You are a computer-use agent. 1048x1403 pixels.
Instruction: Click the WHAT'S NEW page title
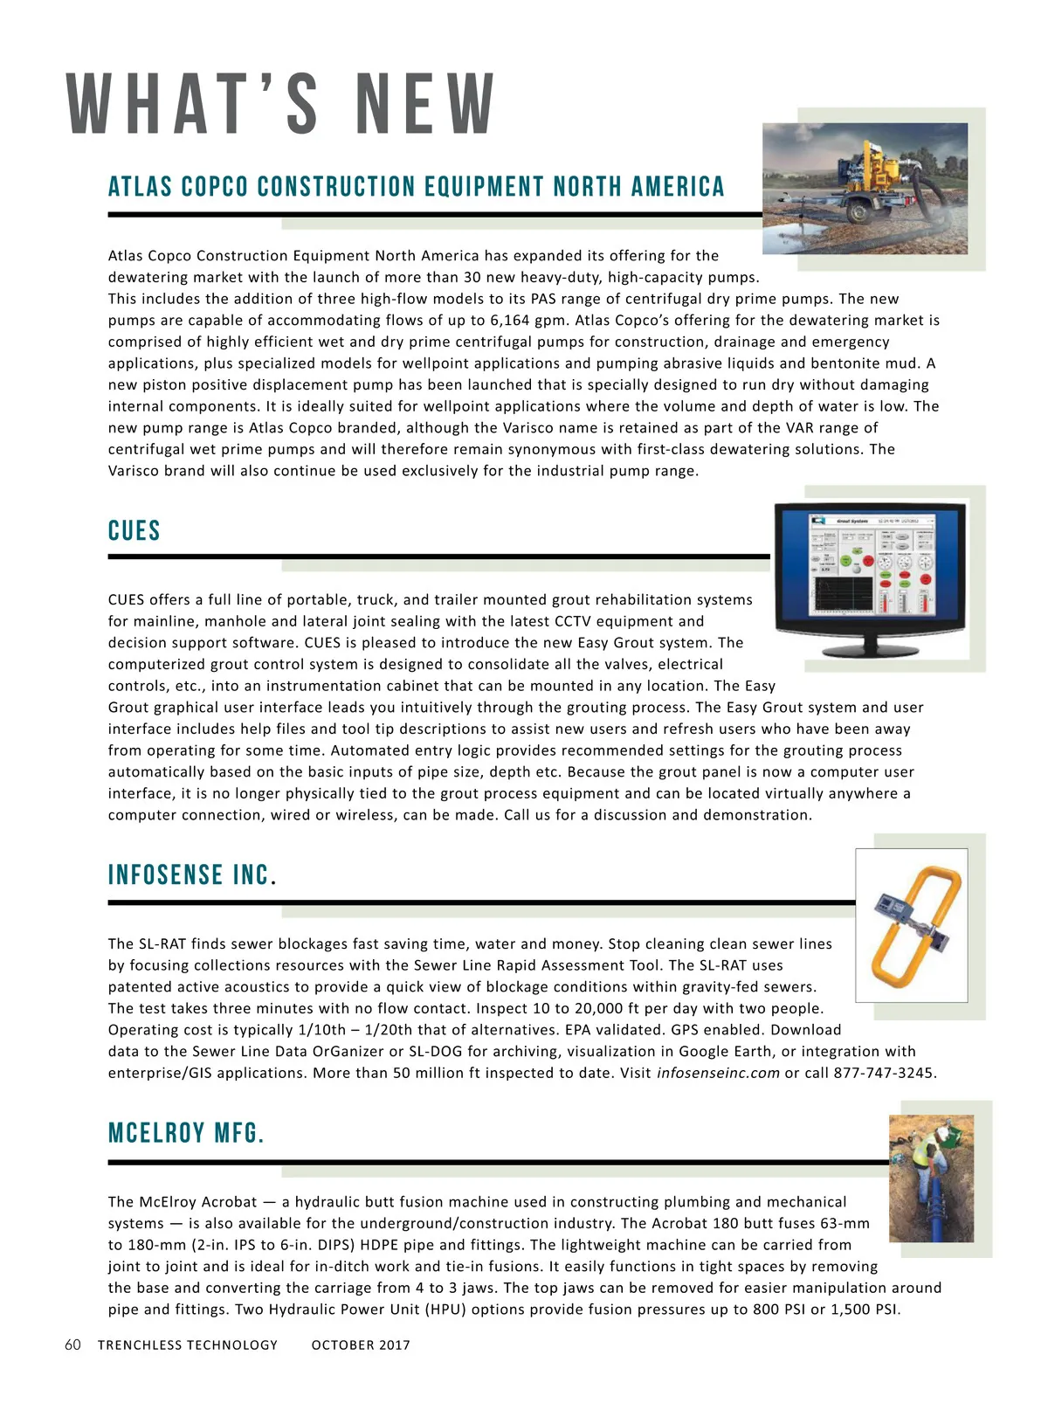[281, 105]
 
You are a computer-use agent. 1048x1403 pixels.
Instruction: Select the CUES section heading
[134, 531]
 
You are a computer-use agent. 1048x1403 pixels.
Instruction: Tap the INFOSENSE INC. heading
[191, 875]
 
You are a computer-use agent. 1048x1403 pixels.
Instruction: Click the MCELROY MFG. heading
[186, 1133]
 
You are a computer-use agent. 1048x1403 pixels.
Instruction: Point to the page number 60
[72, 1344]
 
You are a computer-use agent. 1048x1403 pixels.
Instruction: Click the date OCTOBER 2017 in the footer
[361, 1345]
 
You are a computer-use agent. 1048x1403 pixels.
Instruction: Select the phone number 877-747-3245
[883, 1073]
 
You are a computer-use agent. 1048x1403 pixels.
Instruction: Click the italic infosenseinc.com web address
[718, 1073]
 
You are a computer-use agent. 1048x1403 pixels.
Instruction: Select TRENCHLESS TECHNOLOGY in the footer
[188, 1345]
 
